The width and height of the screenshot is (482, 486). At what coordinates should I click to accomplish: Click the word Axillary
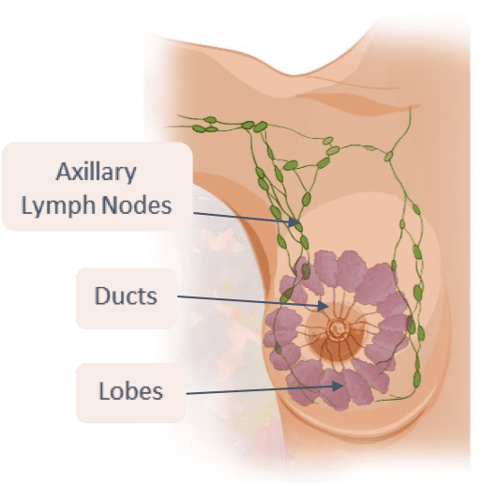(96, 173)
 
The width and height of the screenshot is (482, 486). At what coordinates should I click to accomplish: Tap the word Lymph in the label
(58, 205)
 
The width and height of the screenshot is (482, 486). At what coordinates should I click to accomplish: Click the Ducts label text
(126, 296)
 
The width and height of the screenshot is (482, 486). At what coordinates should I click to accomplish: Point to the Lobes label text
(131, 390)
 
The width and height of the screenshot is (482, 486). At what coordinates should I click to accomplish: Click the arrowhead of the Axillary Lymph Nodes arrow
(294, 221)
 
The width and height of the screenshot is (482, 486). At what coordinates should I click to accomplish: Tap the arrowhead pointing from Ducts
(324, 306)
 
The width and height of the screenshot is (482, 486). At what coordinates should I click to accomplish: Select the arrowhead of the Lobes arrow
(338, 387)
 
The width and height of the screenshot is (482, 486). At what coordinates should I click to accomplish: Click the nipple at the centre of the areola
(338, 328)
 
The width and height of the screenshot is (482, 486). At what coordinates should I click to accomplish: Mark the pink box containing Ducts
(127, 298)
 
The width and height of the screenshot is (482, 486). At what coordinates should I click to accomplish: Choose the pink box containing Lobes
(130, 393)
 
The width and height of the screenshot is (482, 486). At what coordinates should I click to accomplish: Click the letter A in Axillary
(64, 171)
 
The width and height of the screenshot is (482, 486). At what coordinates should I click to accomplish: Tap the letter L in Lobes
(104, 390)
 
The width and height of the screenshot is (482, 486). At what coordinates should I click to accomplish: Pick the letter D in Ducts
(102, 296)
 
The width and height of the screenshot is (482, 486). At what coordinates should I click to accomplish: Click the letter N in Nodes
(110, 205)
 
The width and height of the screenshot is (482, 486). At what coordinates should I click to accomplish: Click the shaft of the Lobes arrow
(259, 390)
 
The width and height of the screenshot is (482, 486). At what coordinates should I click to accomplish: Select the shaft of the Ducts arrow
(248, 300)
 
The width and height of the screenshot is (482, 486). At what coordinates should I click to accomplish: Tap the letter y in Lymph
(38, 208)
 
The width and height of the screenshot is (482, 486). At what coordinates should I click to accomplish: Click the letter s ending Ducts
(152, 297)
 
